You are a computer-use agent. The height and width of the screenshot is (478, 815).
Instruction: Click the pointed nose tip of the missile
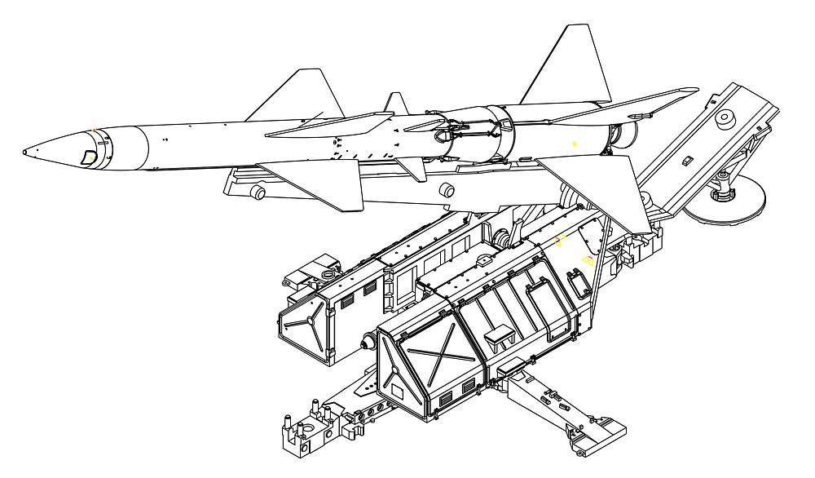click(25, 152)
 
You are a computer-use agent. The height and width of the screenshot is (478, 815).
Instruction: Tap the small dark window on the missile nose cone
click(88, 157)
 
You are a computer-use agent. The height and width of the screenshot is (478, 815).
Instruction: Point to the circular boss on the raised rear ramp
click(722, 117)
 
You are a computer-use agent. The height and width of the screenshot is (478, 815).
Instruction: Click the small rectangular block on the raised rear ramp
click(687, 158)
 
